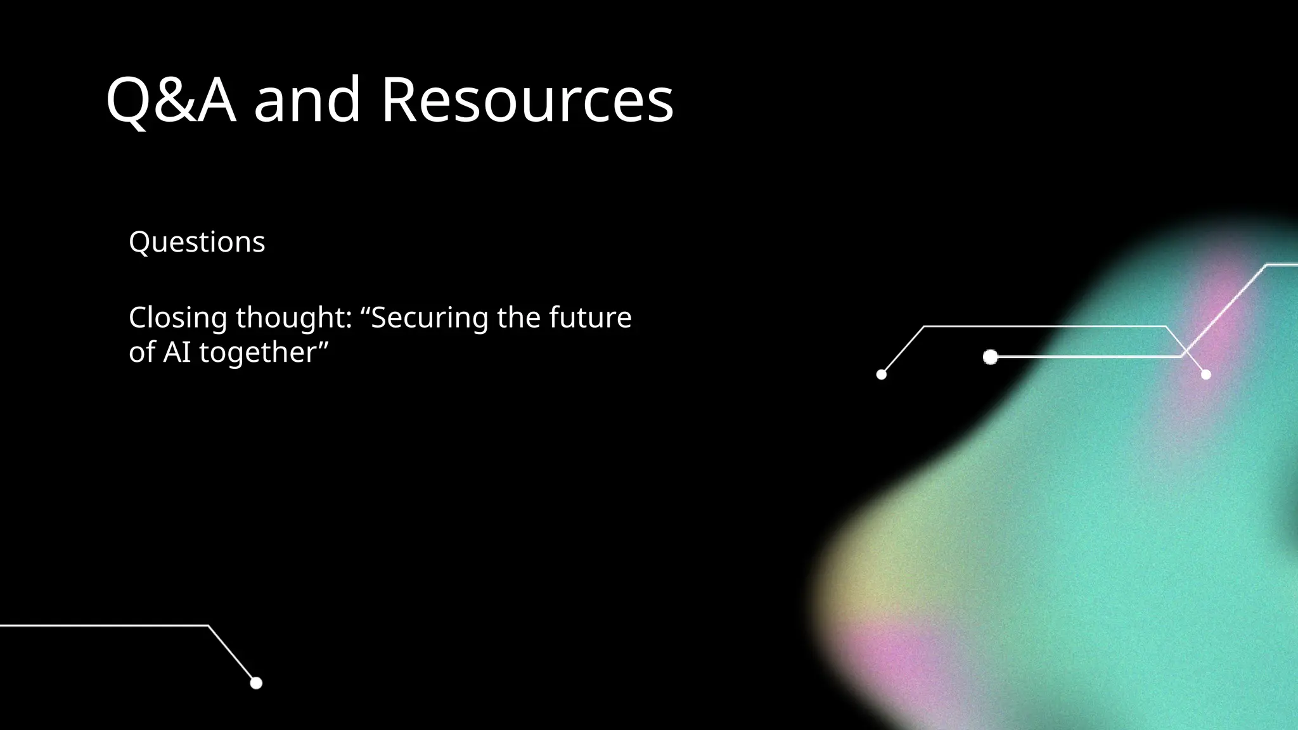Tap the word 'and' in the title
point(307,100)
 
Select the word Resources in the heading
point(527,100)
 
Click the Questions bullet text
point(196,242)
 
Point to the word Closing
point(177,317)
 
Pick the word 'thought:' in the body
point(294,317)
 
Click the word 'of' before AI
point(142,352)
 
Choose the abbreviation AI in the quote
point(177,352)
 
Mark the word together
point(257,352)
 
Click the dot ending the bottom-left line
point(256,683)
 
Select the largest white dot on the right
point(990,357)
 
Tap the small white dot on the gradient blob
point(1205,375)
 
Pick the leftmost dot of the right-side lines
point(881,375)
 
